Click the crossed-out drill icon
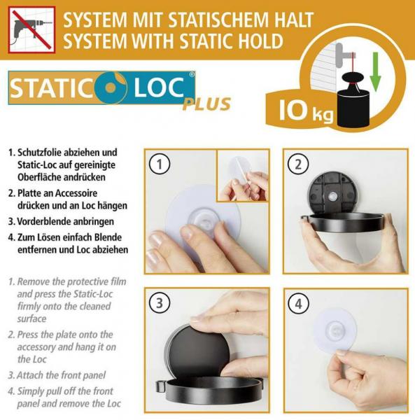(x=31, y=29)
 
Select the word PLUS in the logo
(x=206, y=104)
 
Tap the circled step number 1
(x=161, y=165)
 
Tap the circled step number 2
(x=299, y=165)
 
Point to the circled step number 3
(x=161, y=304)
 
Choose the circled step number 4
(x=299, y=304)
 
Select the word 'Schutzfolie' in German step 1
(x=43, y=152)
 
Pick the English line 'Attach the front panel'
(x=67, y=375)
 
